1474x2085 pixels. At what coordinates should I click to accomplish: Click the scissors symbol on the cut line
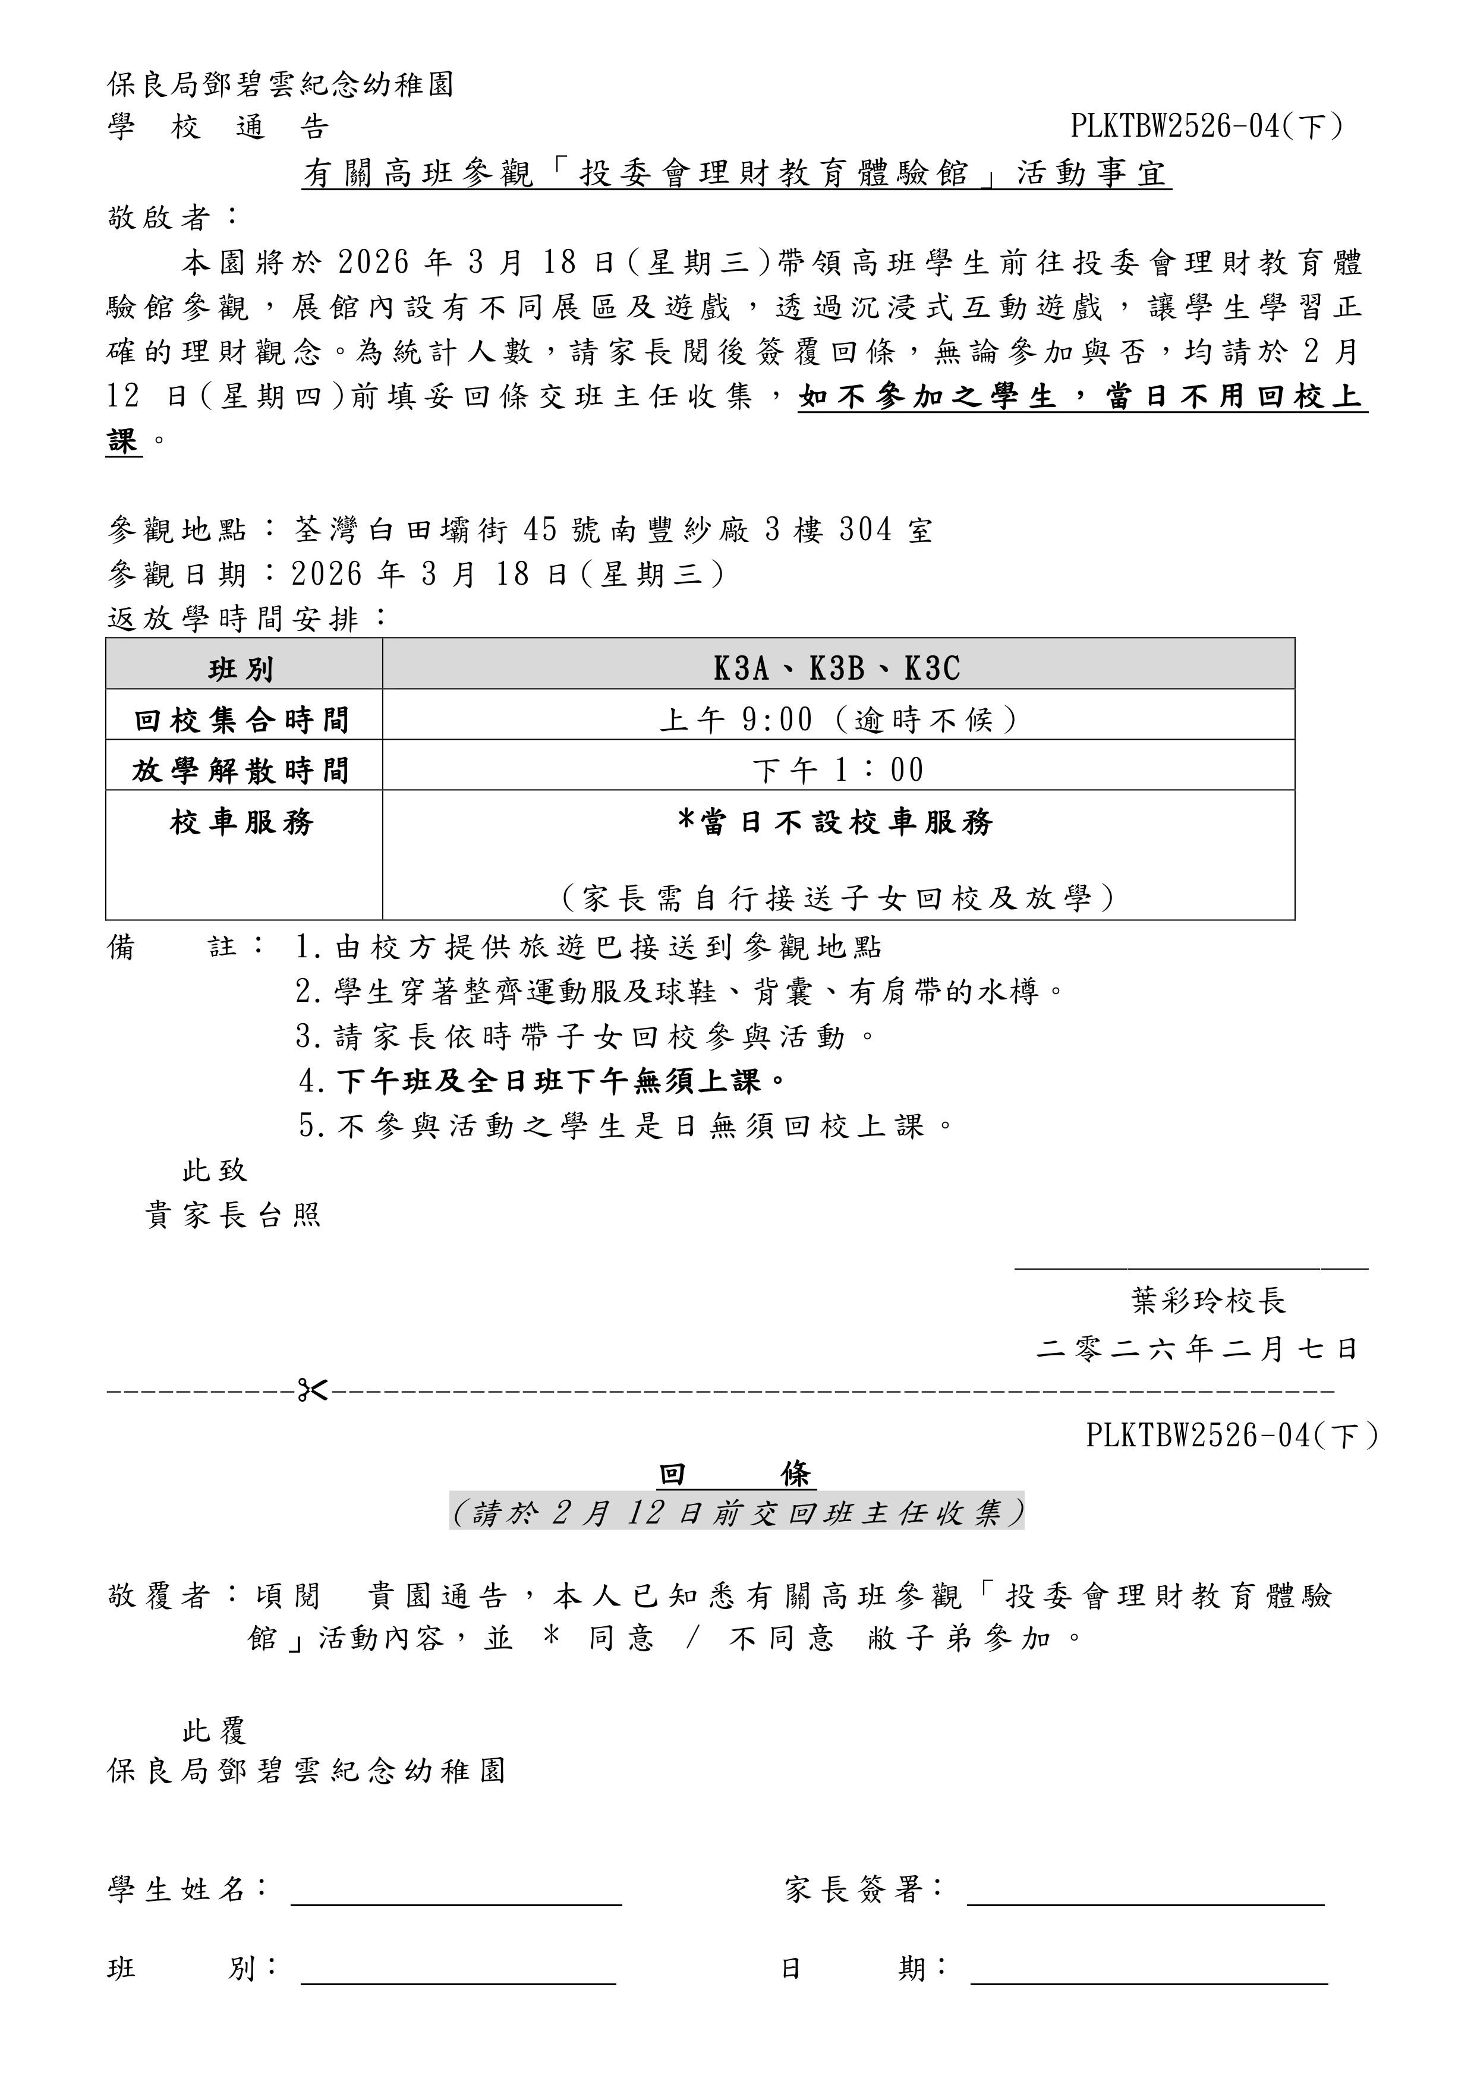tap(313, 1390)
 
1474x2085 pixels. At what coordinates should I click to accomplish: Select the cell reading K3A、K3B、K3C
tap(837, 668)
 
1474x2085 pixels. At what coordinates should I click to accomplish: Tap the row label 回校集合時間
tap(242, 720)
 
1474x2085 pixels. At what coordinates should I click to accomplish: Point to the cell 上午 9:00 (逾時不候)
tap(837, 720)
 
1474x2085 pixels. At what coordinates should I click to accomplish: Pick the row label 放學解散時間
tap(242, 771)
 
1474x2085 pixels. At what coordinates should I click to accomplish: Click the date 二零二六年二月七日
tap(1197, 1349)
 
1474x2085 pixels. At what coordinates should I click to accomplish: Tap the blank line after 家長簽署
tap(1145, 1903)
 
